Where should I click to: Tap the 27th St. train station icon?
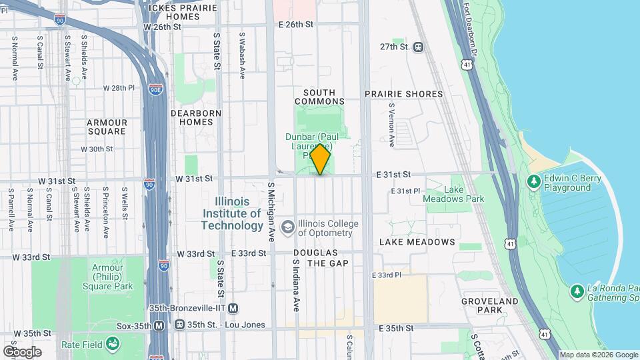[x=419, y=47]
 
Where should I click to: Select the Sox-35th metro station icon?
[x=159, y=325]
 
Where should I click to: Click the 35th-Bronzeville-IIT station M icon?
[x=233, y=308]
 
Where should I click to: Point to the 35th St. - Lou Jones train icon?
[x=179, y=325]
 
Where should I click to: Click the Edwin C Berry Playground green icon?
[x=533, y=181]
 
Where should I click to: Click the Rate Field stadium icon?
[x=113, y=343]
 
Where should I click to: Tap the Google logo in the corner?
[x=22, y=351]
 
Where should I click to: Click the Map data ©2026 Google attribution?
[x=598, y=355]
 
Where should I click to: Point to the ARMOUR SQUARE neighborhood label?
[x=107, y=127]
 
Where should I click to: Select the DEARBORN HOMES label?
[x=196, y=117]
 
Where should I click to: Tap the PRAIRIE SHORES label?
[x=411, y=94]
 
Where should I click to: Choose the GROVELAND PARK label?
[x=490, y=305]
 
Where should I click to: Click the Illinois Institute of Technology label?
[x=233, y=213]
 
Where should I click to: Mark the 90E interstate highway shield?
[x=155, y=89]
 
